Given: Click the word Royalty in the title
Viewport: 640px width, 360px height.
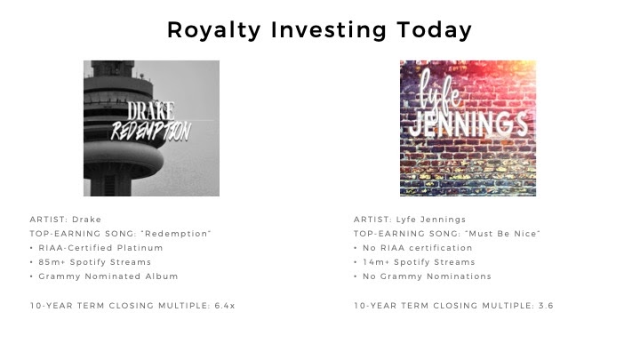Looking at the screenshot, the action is (214, 30).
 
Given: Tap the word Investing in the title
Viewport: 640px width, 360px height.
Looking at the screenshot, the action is (329, 30).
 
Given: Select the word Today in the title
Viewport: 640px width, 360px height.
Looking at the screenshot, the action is (435, 30).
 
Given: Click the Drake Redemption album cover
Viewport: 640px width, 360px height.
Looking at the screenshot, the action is (151, 128).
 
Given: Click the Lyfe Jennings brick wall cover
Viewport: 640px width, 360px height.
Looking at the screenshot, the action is (468, 128).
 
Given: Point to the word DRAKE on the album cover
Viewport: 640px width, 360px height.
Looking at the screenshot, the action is (150, 110).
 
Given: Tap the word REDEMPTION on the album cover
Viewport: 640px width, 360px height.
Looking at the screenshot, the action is (151, 132).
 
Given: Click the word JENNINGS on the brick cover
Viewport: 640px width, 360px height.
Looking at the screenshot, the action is (468, 124).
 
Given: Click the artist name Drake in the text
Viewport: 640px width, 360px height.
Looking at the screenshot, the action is (86, 220).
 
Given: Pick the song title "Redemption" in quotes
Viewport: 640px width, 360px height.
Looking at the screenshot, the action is (176, 234).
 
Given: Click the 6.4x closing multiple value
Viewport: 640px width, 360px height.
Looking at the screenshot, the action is (225, 306).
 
